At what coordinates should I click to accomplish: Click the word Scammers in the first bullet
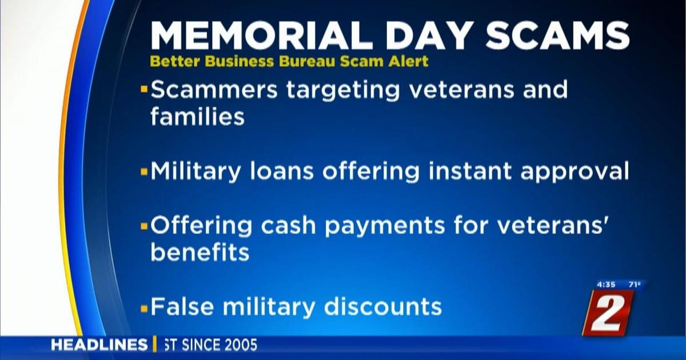click(x=214, y=89)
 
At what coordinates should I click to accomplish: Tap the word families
click(x=198, y=117)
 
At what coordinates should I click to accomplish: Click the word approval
click(x=575, y=173)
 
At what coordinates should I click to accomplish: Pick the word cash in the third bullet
click(x=288, y=225)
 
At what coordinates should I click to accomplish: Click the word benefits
click(x=200, y=252)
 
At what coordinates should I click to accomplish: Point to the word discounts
click(x=383, y=306)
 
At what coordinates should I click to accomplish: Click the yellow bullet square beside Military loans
click(x=144, y=173)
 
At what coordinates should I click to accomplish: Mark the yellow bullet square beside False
click(x=144, y=309)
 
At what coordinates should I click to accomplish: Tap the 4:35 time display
click(x=606, y=285)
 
